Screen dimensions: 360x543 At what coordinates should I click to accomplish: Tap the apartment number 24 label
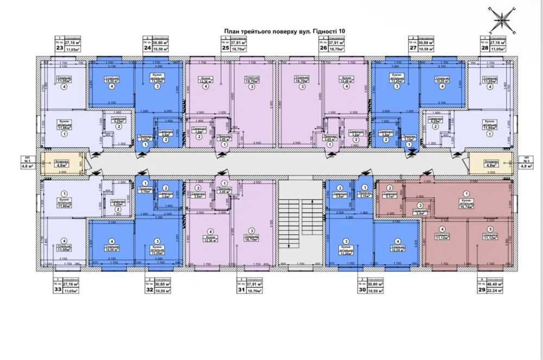coord(147,48)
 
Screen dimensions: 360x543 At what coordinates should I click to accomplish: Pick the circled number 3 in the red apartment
coord(421,205)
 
